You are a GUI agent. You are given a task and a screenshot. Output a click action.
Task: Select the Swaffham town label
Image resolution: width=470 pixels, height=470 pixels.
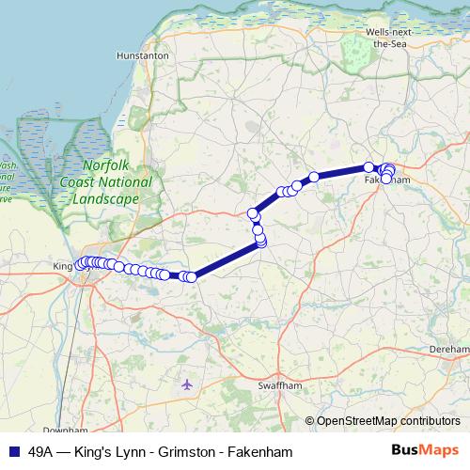click(276, 385)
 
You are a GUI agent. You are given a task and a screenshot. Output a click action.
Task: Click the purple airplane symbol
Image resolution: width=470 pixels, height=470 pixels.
click(186, 384)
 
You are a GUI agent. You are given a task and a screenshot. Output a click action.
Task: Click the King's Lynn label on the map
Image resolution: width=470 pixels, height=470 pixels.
click(64, 266)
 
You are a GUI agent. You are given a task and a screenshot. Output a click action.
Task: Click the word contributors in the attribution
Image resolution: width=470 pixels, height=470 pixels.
click(429, 421)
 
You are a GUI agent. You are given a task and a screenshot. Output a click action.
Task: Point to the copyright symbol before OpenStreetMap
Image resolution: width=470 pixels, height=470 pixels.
click(310, 421)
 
